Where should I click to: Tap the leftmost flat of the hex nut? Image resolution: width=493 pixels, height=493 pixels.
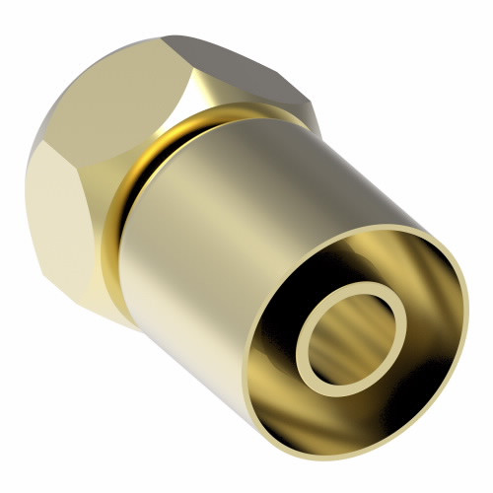44,197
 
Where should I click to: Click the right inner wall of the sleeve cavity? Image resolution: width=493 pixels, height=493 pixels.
434,325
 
